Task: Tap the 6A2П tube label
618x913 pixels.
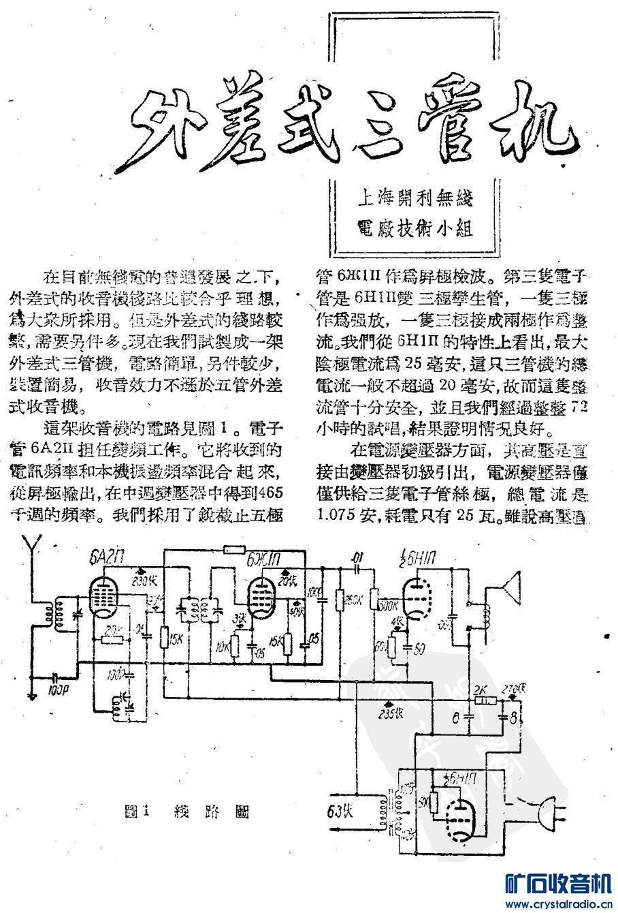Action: pyautogui.click(x=104, y=561)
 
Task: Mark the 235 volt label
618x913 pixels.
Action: pyautogui.click(x=389, y=713)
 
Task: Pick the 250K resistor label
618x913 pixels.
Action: pyautogui.click(x=353, y=600)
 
